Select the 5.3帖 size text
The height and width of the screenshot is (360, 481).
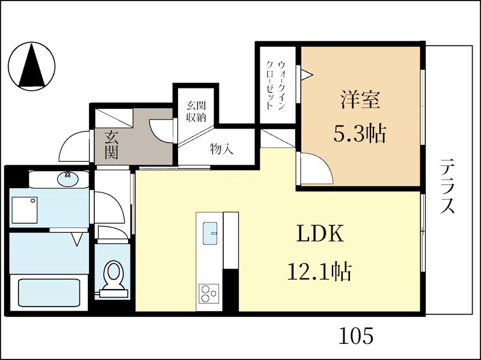pos(360,133)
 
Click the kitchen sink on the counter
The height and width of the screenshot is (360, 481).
pos(210,233)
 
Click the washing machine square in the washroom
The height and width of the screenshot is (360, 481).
pos(23,209)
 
